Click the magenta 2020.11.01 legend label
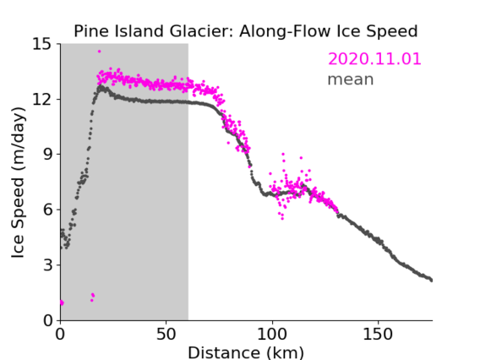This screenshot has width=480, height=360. (374, 58)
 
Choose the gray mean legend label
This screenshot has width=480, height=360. (351, 79)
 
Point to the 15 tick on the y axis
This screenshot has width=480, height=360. (41, 44)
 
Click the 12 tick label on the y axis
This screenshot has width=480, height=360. (41, 100)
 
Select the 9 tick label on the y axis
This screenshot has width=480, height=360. (47, 155)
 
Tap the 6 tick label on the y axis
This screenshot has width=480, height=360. (47, 210)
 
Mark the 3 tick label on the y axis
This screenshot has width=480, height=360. (47, 265)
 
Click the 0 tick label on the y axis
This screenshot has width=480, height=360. (47, 320)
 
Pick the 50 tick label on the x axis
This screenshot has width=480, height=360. (166, 335)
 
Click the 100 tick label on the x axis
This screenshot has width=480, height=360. (272, 335)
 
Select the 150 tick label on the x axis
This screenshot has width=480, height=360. (378, 335)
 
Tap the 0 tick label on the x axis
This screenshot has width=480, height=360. (60, 335)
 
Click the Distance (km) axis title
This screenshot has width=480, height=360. (246, 353)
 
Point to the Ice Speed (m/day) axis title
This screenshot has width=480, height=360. (18, 183)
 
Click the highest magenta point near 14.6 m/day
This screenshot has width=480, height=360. (99, 52)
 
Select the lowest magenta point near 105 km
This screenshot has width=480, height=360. (282, 219)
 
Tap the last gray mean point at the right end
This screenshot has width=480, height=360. (431, 281)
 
